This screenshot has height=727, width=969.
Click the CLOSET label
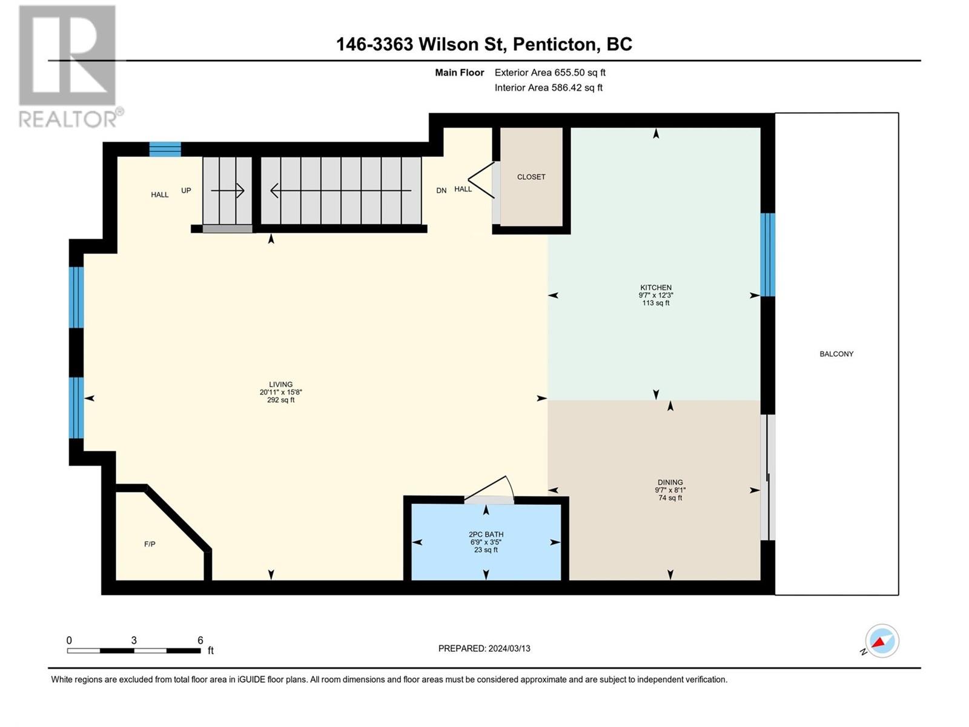[x=531, y=177]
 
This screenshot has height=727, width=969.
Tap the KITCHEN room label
[x=656, y=288]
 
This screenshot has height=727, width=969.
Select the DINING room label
[x=670, y=482]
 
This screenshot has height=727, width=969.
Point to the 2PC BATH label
[x=486, y=534]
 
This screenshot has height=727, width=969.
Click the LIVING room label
[x=281, y=385]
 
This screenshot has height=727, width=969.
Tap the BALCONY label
[x=836, y=354]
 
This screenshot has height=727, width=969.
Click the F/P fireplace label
[x=150, y=544]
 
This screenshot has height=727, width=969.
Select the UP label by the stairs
[x=187, y=191]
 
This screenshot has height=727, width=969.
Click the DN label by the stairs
[x=442, y=191]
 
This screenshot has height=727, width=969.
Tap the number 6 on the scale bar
[x=200, y=640]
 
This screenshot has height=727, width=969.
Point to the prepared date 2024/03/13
[x=509, y=648]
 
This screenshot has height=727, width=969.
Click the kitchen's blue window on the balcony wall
[x=768, y=254]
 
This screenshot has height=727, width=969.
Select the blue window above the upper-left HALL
[x=165, y=149]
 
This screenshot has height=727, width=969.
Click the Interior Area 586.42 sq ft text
[x=548, y=87]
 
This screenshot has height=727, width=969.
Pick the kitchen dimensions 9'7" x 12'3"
[x=656, y=295]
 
